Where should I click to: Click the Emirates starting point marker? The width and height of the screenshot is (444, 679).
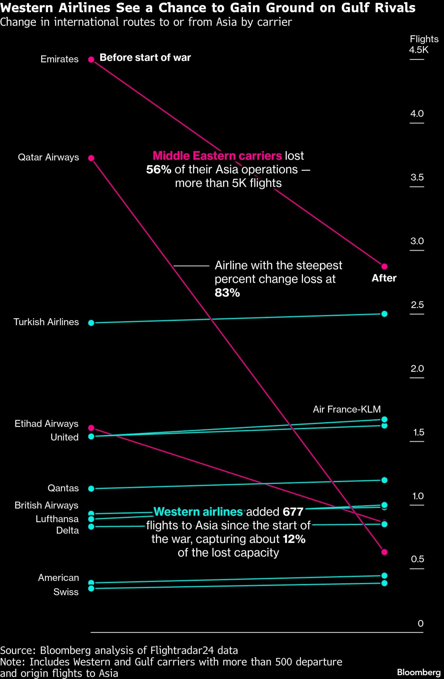coord(91,59)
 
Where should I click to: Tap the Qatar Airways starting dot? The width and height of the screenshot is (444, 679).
coord(91,158)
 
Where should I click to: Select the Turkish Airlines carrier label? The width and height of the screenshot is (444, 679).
coord(46,322)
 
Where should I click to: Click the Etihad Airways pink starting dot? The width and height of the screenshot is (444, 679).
coord(91,428)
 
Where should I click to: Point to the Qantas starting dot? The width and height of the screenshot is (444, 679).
coord(91,489)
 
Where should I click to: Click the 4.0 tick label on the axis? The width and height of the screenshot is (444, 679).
coord(417,114)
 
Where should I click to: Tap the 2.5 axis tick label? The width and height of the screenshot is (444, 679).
coord(417,305)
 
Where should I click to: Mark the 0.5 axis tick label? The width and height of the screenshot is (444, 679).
coord(417,559)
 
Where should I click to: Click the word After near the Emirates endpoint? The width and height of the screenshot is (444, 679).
coord(384,278)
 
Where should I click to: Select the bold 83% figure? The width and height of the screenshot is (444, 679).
coord(227,293)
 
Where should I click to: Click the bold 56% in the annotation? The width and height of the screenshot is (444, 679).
coord(159,169)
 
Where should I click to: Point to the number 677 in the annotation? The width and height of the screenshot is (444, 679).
coord(293,512)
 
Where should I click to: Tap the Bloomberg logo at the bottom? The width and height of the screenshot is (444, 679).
coord(419,672)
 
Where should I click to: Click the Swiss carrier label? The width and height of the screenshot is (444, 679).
coord(66,592)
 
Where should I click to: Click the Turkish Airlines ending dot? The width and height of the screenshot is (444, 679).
coord(384,314)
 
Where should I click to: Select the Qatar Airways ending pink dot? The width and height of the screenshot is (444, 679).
coord(384,552)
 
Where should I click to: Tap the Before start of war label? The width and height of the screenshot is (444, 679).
coord(145,58)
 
